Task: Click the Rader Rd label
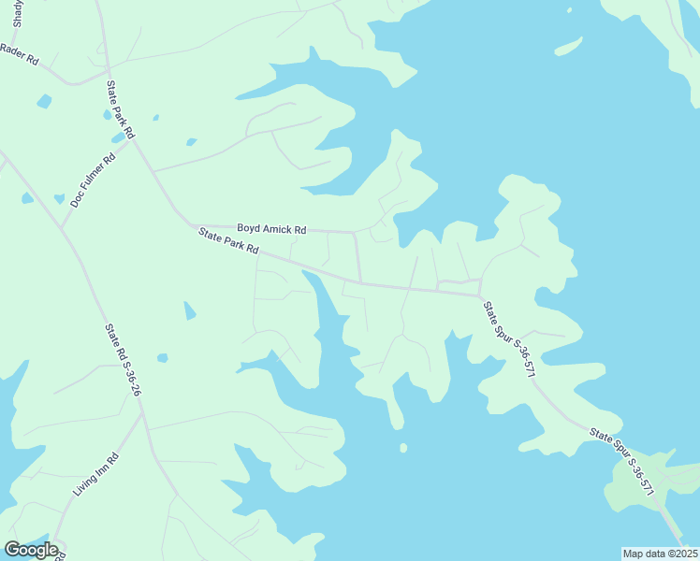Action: [x=19, y=55]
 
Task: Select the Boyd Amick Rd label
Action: [x=271, y=228]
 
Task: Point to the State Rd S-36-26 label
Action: [x=123, y=359]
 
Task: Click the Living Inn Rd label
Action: [x=96, y=474]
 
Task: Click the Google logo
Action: [x=31, y=549]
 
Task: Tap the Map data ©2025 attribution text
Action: [x=660, y=554]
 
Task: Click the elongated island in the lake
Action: [x=568, y=46]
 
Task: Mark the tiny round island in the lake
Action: [x=403, y=448]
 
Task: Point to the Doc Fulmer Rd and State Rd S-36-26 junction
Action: [x=63, y=227]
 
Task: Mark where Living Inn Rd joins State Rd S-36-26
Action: [x=141, y=414]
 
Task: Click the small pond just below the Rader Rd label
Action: [x=43, y=101]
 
